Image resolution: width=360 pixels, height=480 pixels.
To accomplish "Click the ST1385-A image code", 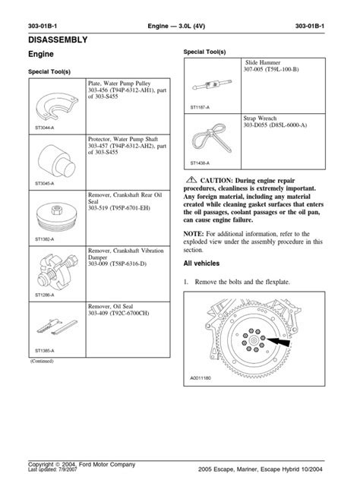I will (x=46, y=351).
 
